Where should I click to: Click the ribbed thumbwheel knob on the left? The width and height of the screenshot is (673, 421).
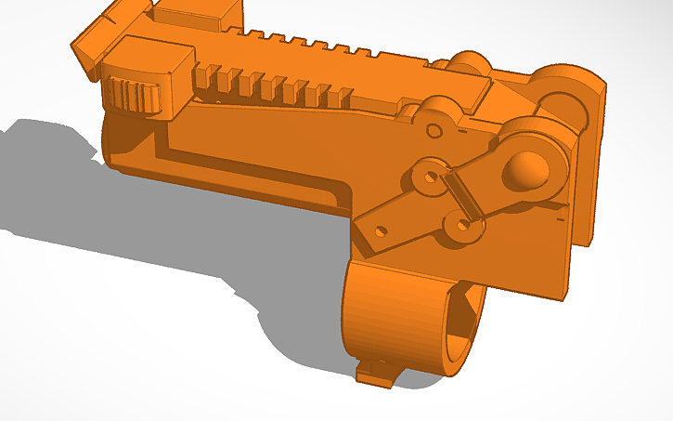[130, 96]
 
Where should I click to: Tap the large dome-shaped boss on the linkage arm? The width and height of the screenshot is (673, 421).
[528, 169]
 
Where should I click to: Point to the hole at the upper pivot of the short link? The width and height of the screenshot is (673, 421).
[429, 175]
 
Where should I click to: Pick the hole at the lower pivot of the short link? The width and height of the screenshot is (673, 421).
[461, 224]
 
